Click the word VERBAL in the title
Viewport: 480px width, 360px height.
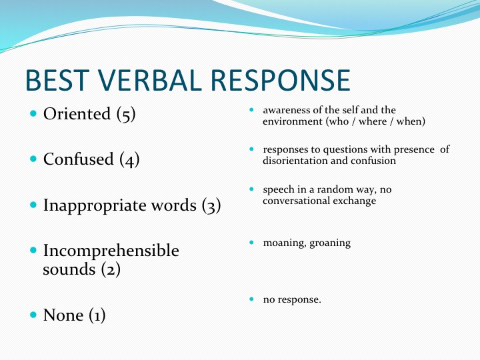click(x=150, y=80)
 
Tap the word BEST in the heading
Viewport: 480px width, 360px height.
click(x=57, y=80)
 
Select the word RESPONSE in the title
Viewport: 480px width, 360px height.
click(x=281, y=80)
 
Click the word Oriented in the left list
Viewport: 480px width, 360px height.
click(x=77, y=113)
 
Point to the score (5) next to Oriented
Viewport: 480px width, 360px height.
click(x=126, y=114)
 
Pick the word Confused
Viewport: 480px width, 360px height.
click(x=79, y=159)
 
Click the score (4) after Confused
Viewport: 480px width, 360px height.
click(x=129, y=159)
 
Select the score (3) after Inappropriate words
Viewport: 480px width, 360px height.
click(x=211, y=205)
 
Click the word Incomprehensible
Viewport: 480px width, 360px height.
click(x=111, y=251)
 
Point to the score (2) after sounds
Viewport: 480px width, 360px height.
click(x=111, y=269)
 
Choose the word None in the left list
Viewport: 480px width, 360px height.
click(x=63, y=315)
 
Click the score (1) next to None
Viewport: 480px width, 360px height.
click(x=97, y=315)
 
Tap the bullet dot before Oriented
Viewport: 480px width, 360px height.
click(x=33, y=113)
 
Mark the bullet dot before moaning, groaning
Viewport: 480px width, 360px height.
click(x=251, y=243)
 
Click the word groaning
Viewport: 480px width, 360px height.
click(x=330, y=243)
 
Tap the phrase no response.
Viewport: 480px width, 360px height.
click(x=292, y=300)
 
